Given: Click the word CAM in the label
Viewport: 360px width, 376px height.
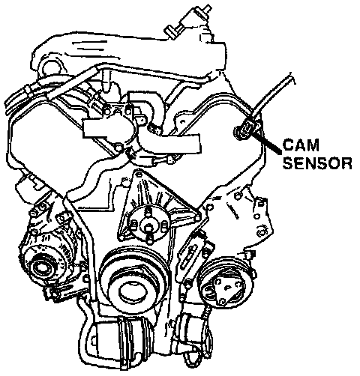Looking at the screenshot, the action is pyautogui.click(x=301, y=145).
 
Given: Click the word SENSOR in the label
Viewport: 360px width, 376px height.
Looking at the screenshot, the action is pyautogui.click(x=317, y=163).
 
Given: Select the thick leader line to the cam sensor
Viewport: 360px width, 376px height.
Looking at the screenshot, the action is pyautogui.click(x=267, y=143).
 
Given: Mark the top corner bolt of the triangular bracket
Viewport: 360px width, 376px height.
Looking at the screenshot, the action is pyautogui.click(x=138, y=172).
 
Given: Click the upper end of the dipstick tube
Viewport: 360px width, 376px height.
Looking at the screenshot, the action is pyautogui.click(x=291, y=78).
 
